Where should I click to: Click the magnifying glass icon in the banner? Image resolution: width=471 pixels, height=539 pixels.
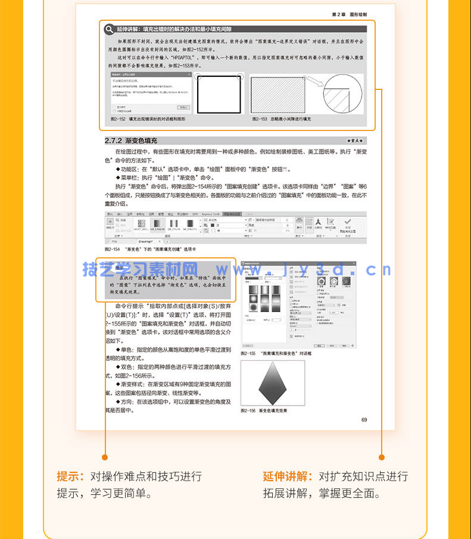109,29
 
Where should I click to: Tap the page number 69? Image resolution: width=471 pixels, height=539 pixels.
364,420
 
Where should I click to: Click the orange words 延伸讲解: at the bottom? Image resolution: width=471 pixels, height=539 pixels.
288,476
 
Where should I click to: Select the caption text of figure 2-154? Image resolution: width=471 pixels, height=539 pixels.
149,248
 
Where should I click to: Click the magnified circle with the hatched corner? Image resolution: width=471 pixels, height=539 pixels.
342,94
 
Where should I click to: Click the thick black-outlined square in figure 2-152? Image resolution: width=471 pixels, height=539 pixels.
218,94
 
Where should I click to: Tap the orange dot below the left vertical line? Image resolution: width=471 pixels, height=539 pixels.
105,457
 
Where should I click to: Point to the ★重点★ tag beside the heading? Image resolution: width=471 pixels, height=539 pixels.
356,141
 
